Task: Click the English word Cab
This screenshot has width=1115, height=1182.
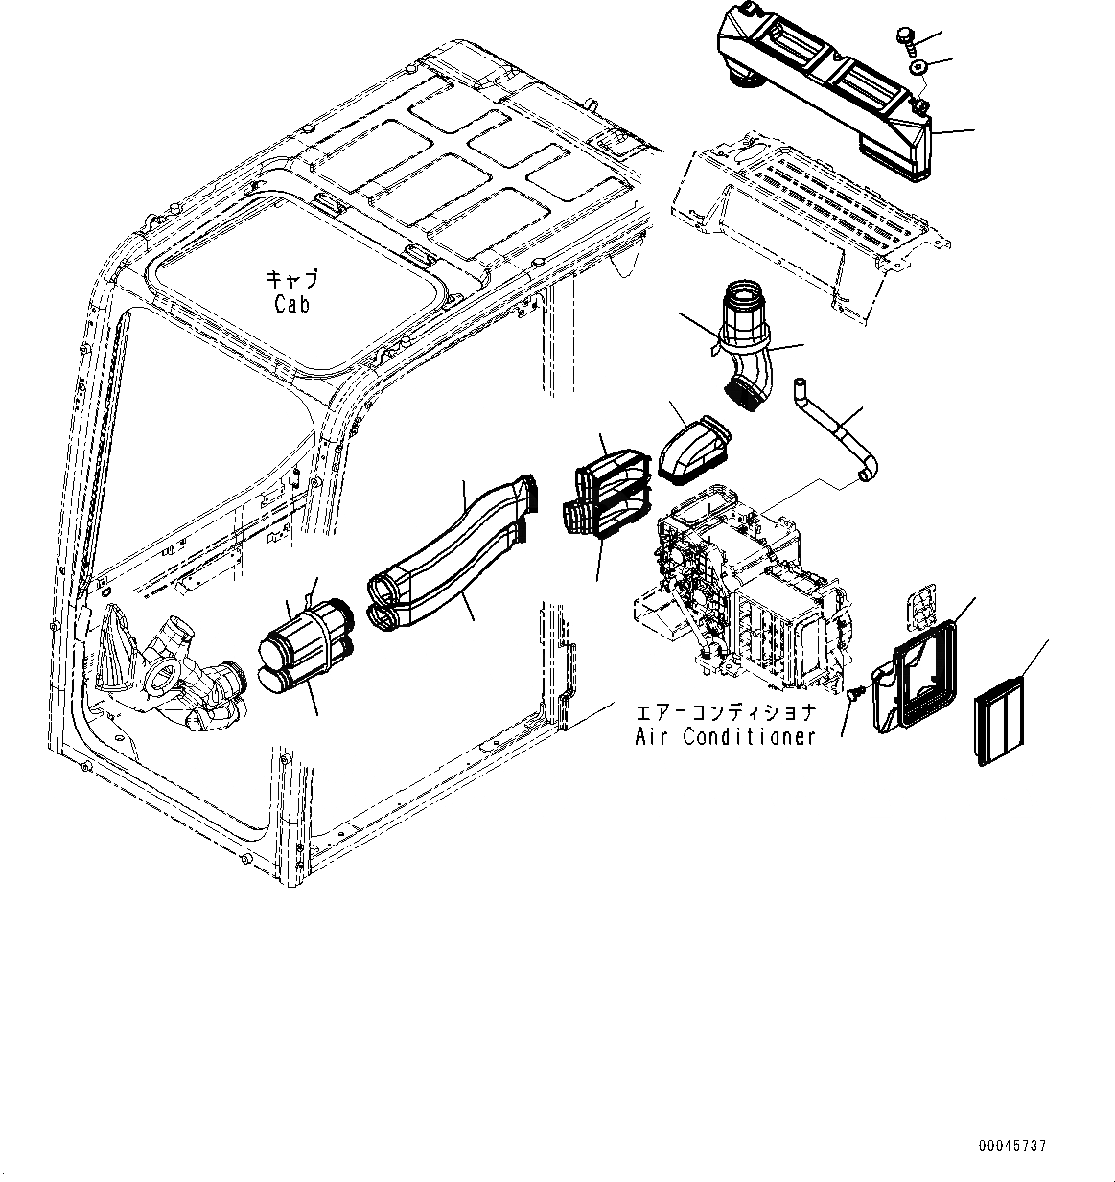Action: click(290, 304)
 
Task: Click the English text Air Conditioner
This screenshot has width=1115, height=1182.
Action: click(724, 736)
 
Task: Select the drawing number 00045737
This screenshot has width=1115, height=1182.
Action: click(1012, 1146)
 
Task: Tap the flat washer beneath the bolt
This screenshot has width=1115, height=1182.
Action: click(918, 67)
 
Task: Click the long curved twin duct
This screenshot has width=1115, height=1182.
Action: click(451, 556)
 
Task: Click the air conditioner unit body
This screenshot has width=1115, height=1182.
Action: click(738, 585)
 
